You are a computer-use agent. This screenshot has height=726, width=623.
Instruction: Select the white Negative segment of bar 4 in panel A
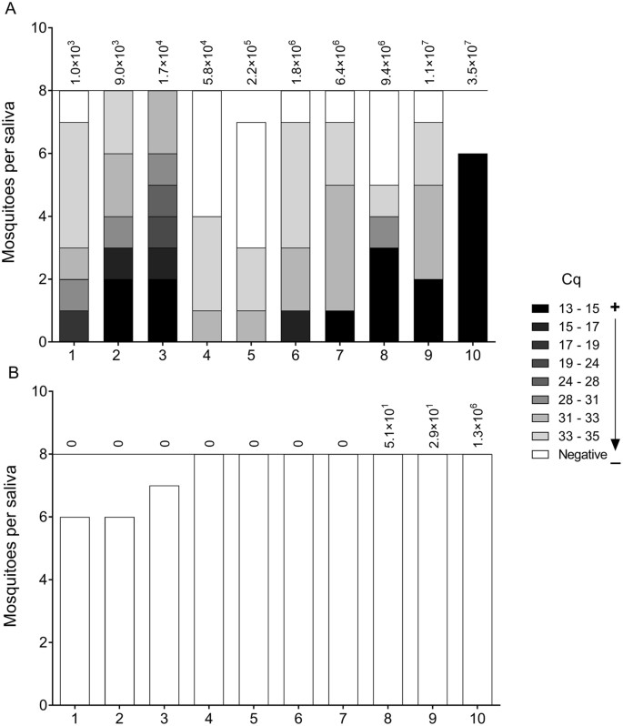[208, 153]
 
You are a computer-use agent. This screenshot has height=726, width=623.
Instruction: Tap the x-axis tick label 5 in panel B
[254, 715]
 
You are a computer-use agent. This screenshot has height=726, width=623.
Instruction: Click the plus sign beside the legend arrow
[615, 308]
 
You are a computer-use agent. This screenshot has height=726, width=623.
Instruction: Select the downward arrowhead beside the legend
[615, 442]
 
